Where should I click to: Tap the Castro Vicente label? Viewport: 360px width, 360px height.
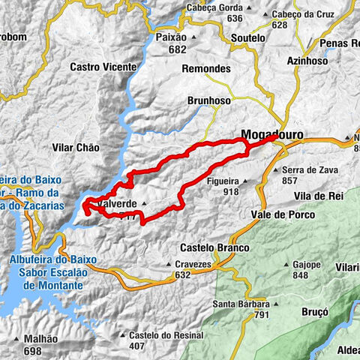103,67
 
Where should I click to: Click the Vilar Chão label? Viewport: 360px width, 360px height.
76,148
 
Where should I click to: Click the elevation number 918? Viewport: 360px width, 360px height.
229,192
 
